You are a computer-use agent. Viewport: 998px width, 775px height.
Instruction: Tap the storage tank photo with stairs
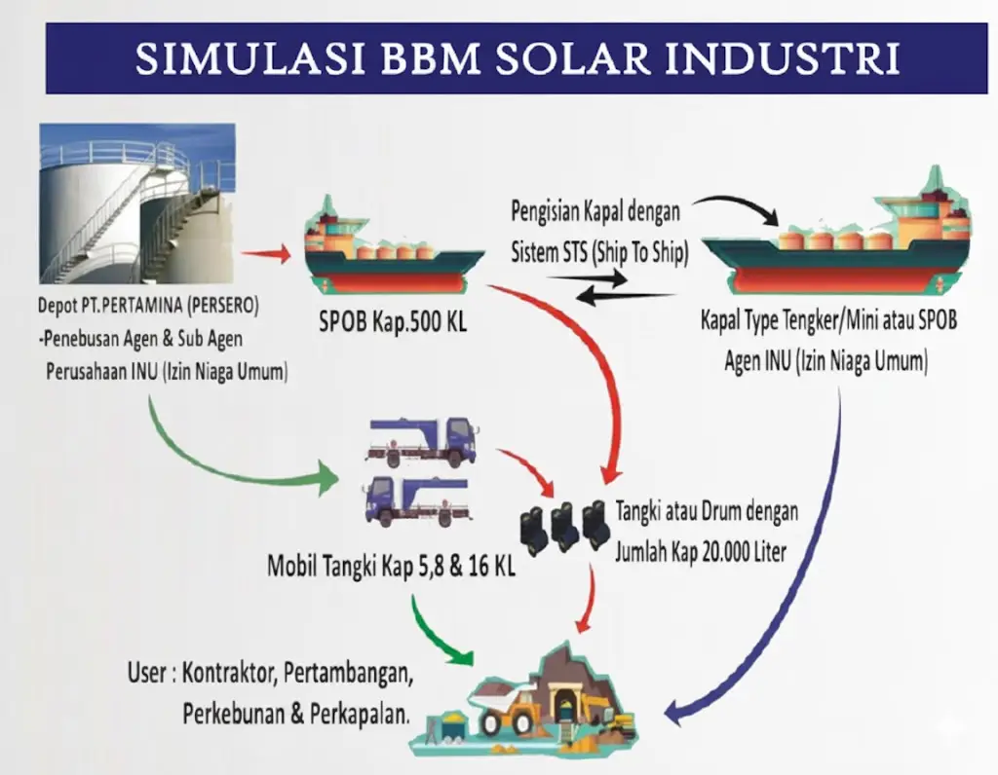(136, 203)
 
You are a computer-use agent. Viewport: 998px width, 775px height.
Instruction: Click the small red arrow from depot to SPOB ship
(264, 255)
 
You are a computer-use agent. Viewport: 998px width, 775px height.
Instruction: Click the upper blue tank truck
(420, 441)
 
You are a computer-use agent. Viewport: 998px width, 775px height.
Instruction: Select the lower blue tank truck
(416, 499)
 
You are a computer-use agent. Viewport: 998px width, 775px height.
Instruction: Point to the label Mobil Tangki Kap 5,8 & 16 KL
(391, 565)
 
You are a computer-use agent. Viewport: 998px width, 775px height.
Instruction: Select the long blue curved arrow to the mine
(814, 565)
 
